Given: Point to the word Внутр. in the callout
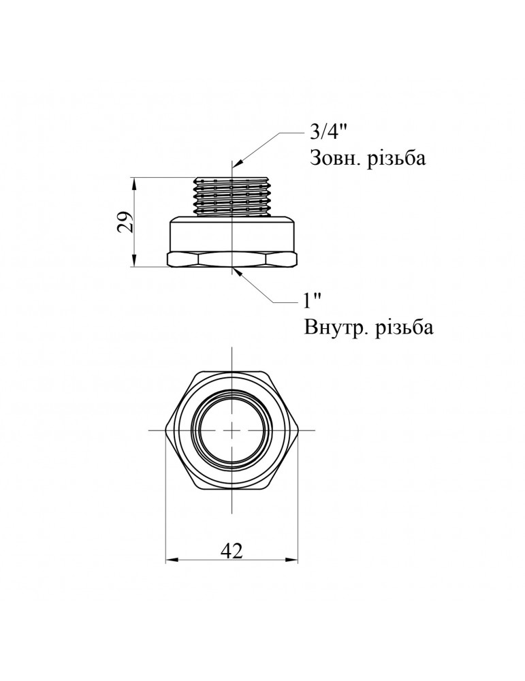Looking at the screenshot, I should pos(332,328).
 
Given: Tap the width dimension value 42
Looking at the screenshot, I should pos(232,550).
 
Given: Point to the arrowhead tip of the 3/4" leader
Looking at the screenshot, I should pos(234,168).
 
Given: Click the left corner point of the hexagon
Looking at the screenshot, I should pos(167,430).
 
